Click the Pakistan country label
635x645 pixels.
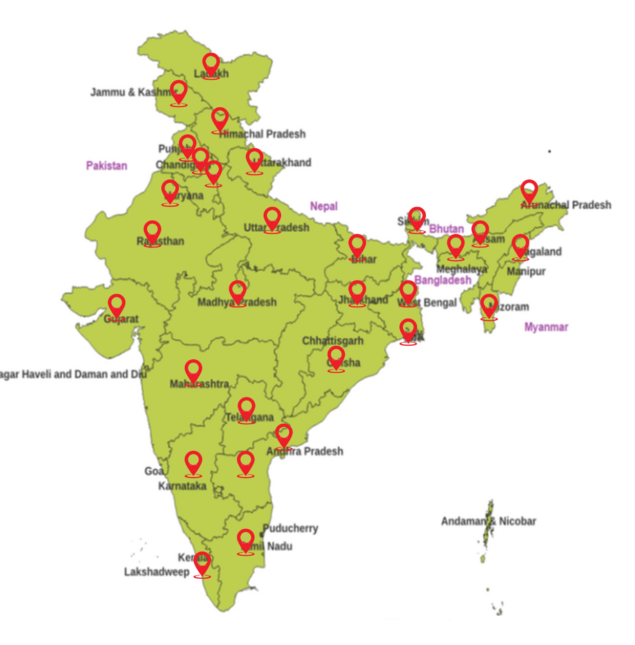(106, 166)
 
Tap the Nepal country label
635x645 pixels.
(324, 206)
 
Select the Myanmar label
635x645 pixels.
(546, 327)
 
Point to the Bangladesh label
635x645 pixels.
(443, 280)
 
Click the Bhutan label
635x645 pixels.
(446, 229)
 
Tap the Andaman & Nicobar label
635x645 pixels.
(489, 521)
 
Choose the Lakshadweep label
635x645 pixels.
(156, 572)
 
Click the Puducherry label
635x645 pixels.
(291, 528)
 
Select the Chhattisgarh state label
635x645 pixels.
(333, 341)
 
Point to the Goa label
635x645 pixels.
(153, 471)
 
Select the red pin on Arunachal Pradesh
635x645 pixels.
(529, 192)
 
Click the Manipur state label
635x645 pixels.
(526, 271)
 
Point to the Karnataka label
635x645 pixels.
(182, 486)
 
